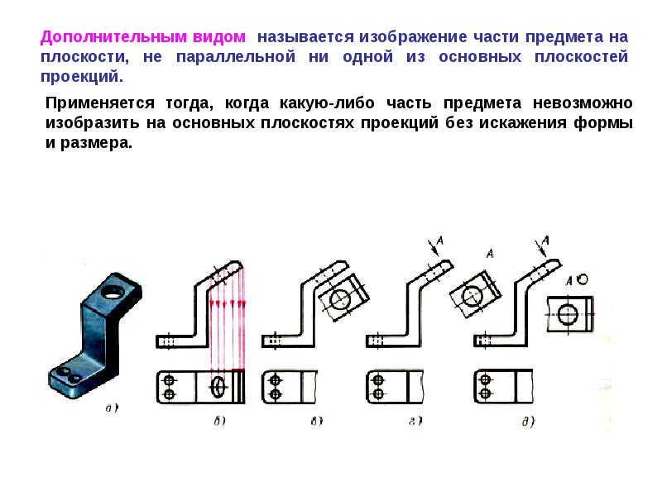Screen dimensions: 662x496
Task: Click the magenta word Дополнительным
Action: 113,37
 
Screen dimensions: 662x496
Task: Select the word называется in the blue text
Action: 305,37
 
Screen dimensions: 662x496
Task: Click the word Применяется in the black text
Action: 100,103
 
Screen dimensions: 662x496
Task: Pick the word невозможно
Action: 583,103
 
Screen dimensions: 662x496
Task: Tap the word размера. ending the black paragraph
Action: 96,143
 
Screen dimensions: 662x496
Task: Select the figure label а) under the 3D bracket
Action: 112,408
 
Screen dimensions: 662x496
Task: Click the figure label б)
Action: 219,421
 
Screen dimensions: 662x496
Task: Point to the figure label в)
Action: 317,421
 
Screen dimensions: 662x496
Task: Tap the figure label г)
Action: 416,421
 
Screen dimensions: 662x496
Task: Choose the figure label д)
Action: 528,422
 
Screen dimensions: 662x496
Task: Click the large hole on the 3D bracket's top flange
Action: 113,292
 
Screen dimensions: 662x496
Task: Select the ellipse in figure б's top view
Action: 218,387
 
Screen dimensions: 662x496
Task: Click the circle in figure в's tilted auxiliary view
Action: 340,299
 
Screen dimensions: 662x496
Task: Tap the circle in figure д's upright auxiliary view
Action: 568,314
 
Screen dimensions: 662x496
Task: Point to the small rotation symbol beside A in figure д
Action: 583,279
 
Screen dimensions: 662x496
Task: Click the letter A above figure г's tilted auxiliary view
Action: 490,254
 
